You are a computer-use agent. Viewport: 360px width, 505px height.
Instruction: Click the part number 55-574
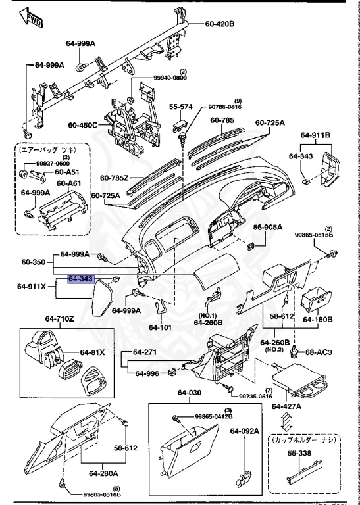click(180, 107)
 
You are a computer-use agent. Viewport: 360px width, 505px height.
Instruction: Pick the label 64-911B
click(316, 136)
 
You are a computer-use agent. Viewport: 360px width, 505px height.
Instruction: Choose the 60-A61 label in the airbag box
click(68, 183)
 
